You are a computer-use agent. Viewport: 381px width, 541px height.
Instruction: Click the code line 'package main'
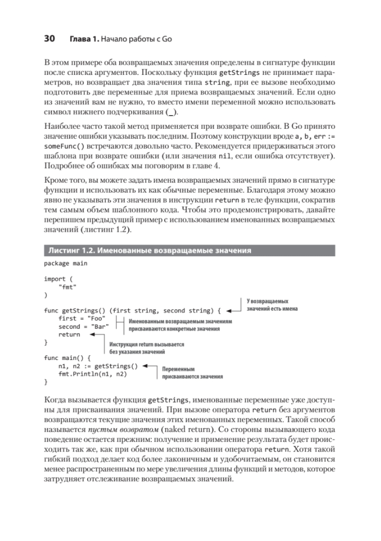coord(65,263)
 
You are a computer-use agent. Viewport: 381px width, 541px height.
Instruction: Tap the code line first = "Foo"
coord(82,318)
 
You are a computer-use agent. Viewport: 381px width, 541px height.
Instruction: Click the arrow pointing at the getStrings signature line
coord(234,311)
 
